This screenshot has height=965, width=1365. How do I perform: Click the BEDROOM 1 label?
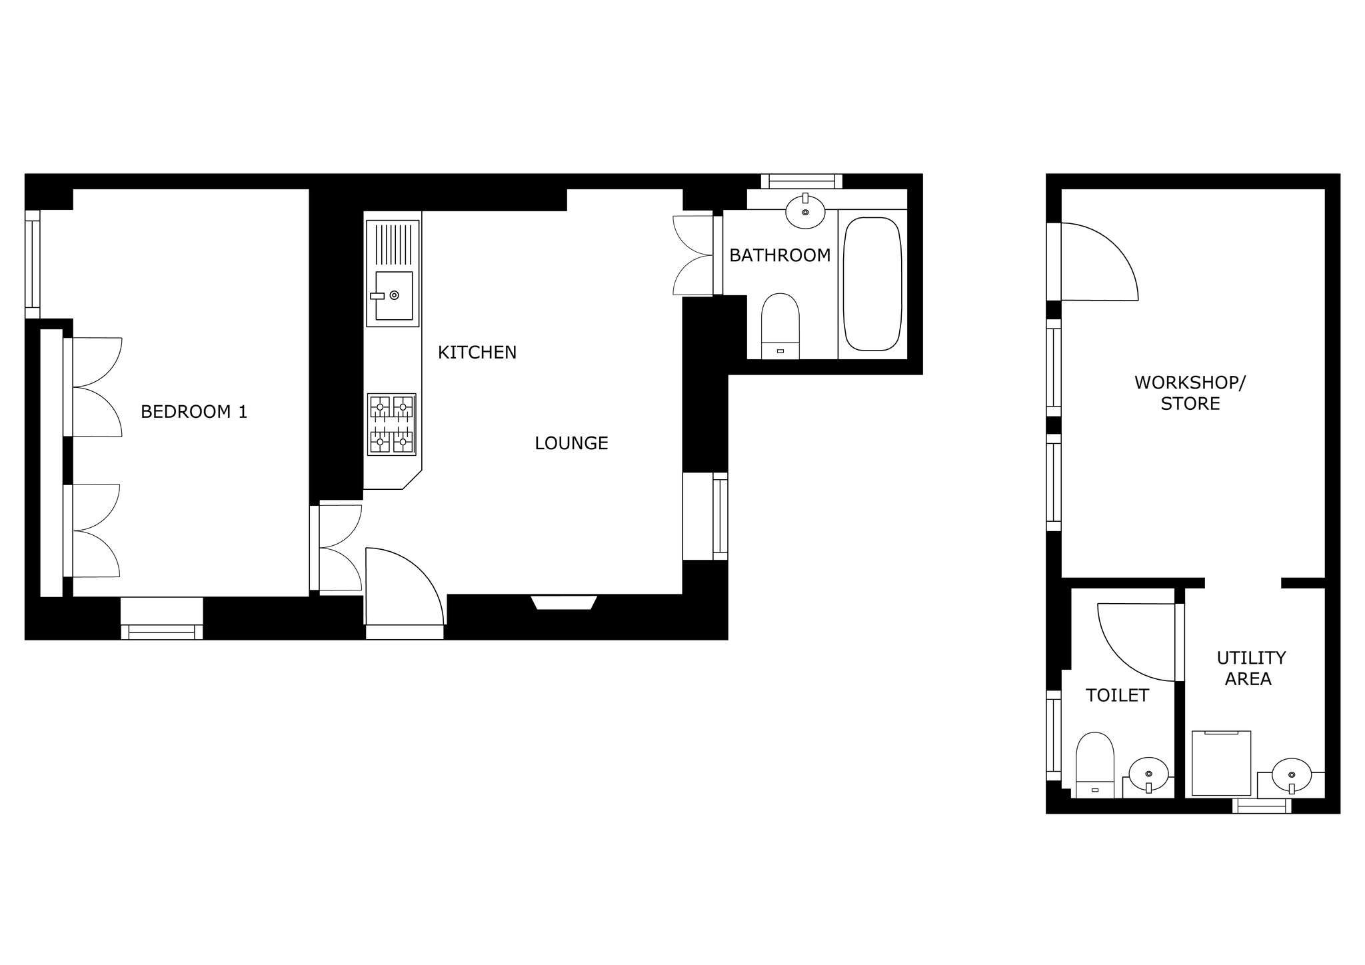coord(194,412)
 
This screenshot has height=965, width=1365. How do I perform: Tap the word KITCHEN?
coord(477,353)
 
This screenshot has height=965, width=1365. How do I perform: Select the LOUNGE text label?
coord(571,443)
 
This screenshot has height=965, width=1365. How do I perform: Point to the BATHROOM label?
coord(780,255)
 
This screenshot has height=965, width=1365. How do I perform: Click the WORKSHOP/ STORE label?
coord(1190,393)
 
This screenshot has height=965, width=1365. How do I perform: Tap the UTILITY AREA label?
coord(1251,668)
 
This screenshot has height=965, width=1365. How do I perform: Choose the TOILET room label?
coord(1117,696)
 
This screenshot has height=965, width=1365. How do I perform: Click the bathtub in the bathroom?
coord(872,284)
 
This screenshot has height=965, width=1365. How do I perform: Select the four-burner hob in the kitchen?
coord(391,425)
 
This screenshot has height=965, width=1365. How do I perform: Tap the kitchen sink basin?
coord(394,295)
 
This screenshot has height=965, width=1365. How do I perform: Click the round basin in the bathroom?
coord(805,212)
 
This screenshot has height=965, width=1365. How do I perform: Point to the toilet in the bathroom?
coord(780,326)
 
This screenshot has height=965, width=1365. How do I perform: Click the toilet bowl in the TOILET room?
coord(1095,764)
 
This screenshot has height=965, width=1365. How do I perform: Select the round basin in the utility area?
coord(1292,775)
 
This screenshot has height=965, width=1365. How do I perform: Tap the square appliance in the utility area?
coord(1221,763)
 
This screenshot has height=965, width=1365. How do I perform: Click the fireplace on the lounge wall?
coord(564,602)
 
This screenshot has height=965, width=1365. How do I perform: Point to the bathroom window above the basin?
coord(802,181)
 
